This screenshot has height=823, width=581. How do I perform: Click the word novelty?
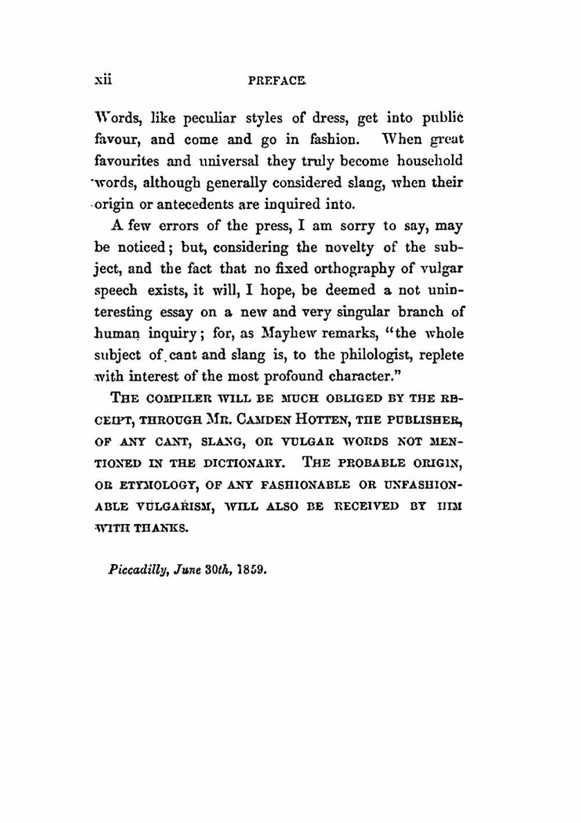click(347, 248)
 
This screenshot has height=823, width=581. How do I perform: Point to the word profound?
click(294, 377)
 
